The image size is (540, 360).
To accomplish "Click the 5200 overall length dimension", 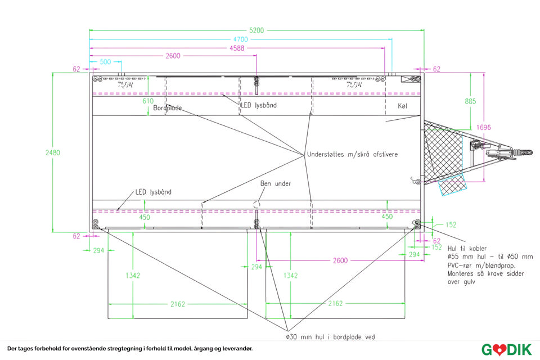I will pos(256,30).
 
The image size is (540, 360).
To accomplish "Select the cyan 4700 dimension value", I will pos(241,39).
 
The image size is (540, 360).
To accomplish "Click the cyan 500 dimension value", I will pos(105,62).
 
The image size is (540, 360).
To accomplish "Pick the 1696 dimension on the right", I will pos(484,127).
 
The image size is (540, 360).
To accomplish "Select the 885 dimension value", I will pos(470,101).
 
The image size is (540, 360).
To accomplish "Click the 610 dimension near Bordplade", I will pos(147,101).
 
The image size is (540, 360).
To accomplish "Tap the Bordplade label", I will pos(168,107).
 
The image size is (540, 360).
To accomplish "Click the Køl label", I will pos(402,106).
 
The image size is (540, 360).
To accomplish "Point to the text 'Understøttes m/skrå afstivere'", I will pos(352,154).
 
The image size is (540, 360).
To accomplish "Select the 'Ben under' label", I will pos(276,183).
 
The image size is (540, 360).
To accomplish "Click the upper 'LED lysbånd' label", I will pos(259,105).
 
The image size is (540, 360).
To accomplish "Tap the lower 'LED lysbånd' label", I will pos(154,192).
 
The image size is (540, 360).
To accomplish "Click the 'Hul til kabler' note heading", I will pos(467,248).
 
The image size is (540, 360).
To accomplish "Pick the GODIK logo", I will pos(506,349).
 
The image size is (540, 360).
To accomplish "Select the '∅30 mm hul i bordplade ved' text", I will pos(330,337).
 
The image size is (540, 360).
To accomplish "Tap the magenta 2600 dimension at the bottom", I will pos(340,260).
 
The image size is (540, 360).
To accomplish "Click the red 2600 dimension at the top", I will pos(173,56).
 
